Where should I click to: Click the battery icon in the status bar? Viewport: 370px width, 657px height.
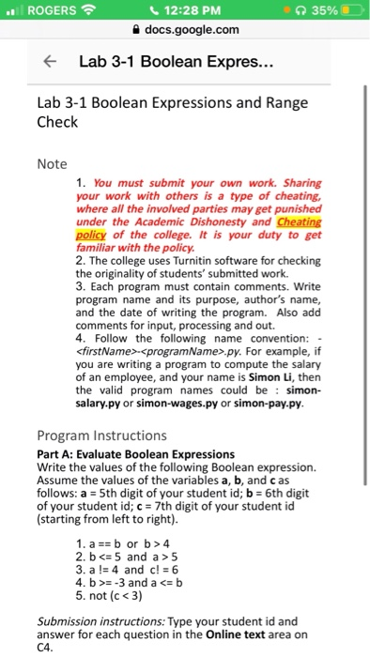click(x=346, y=12)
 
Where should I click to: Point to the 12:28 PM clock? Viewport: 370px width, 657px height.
click(x=184, y=12)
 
